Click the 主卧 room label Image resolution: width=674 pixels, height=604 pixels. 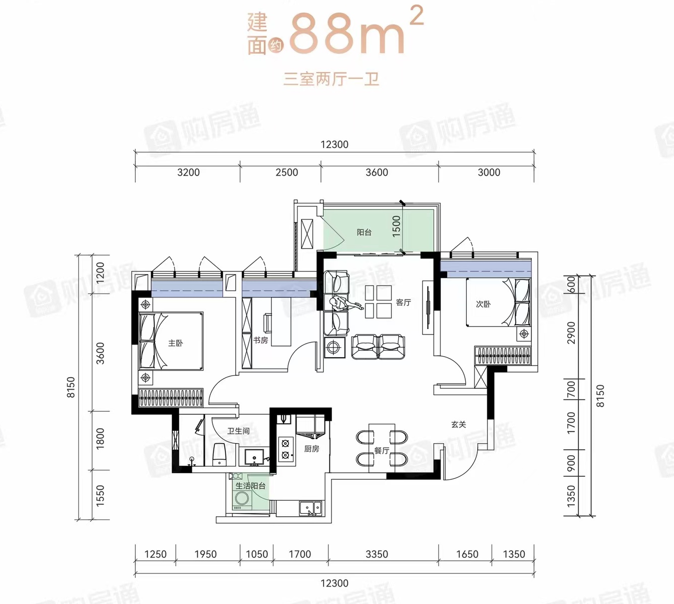(x=175, y=343)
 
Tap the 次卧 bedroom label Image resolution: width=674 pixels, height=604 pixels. (x=483, y=304)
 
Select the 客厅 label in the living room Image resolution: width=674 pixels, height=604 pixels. (x=403, y=302)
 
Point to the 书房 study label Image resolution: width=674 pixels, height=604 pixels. (x=260, y=340)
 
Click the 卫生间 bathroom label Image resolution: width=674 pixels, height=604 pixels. (x=238, y=431)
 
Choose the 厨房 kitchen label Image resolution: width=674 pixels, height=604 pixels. (x=311, y=449)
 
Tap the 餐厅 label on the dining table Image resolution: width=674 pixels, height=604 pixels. (x=382, y=451)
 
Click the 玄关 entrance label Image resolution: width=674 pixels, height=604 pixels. (x=458, y=424)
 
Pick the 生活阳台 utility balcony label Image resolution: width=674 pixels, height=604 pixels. (x=250, y=486)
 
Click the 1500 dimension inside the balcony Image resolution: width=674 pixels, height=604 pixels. (x=396, y=226)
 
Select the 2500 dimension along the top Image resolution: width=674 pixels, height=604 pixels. (x=287, y=172)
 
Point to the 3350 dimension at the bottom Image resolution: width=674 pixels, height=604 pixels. (x=377, y=554)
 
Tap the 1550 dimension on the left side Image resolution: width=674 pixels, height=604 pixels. (x=100, y=496)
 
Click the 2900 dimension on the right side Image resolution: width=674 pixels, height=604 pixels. (x=571, y=333)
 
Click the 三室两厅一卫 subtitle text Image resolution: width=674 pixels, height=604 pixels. (x=331, y=79)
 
